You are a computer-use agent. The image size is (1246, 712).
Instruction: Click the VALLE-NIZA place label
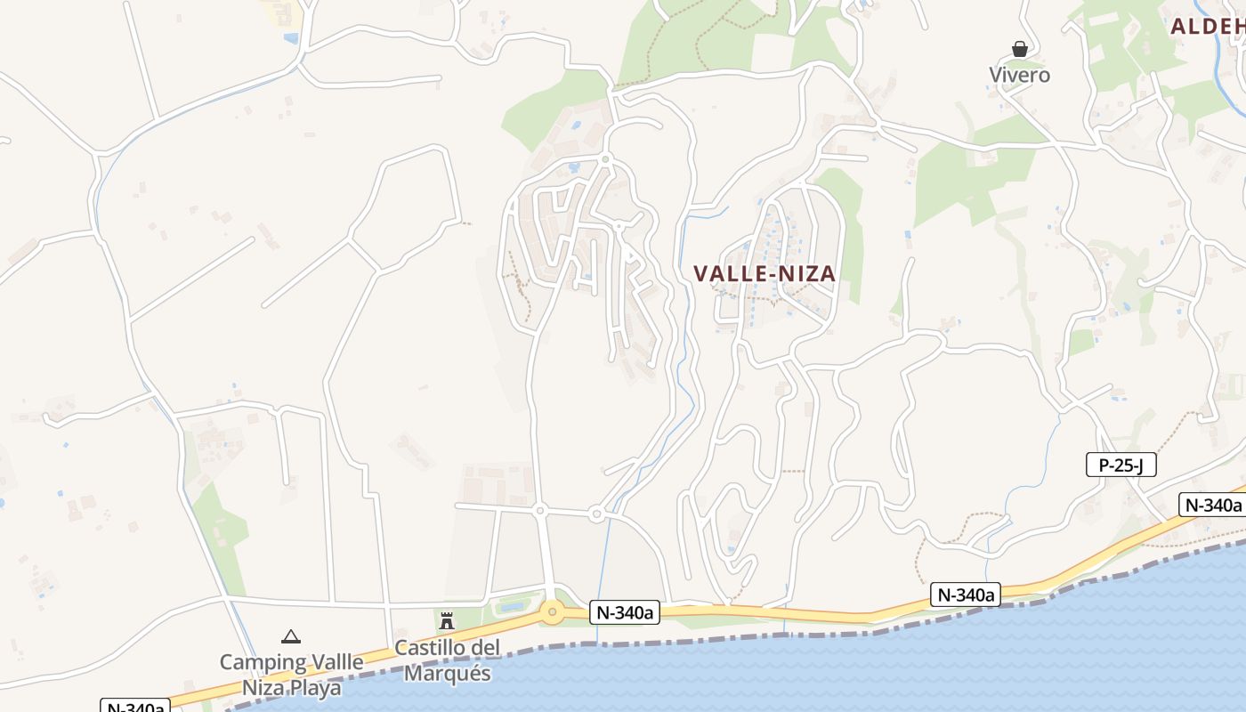(x=765, y=274)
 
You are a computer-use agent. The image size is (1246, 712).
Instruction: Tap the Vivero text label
(x=1020, y=75)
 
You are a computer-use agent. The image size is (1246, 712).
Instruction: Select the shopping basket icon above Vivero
(x=1020, y=49)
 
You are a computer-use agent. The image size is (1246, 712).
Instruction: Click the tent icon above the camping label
(x=290, y=636)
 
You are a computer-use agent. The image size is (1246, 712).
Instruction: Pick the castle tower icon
(x=447, y=620)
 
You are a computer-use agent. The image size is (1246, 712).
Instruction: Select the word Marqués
(x=448, y=673)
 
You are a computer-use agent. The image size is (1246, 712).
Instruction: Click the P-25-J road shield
(x=1121, y=465)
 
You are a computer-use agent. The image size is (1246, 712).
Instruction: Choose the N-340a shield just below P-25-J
(x=1212, y=505)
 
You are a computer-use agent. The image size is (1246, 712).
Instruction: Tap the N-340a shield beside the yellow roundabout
(x=623, y=612)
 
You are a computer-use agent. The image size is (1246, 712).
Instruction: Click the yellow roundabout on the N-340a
(x=553, y=611)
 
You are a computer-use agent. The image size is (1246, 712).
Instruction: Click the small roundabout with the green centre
(x=605, y=159)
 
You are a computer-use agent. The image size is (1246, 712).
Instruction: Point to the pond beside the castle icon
(x=512, y=606)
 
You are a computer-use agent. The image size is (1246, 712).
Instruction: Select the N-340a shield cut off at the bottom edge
(x=134, y=706)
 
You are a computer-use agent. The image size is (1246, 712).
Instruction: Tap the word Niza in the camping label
(x=263, y=688)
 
